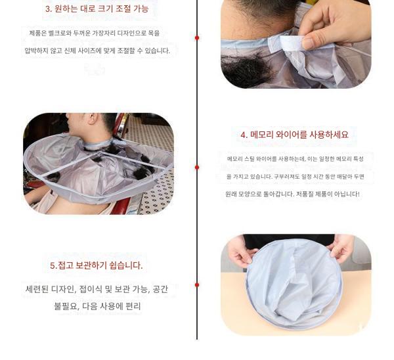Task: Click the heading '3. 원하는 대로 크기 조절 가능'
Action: click(97, 9)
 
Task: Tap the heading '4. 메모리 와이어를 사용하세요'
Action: click(294, 135)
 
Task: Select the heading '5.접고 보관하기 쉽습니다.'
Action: click(97, 265)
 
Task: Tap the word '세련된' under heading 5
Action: click(37, 289)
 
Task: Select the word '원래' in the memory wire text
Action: click(230, 194)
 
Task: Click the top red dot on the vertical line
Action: click(197, 38)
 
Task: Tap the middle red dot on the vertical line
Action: click(197, 167)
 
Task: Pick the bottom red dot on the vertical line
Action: click(197, 285)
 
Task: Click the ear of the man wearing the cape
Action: click(93, 118)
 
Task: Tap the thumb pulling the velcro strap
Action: click(311, 42)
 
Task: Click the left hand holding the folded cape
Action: click(240, 252)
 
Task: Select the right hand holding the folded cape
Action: click(341, 248)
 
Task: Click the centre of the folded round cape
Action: click(294, 284)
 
